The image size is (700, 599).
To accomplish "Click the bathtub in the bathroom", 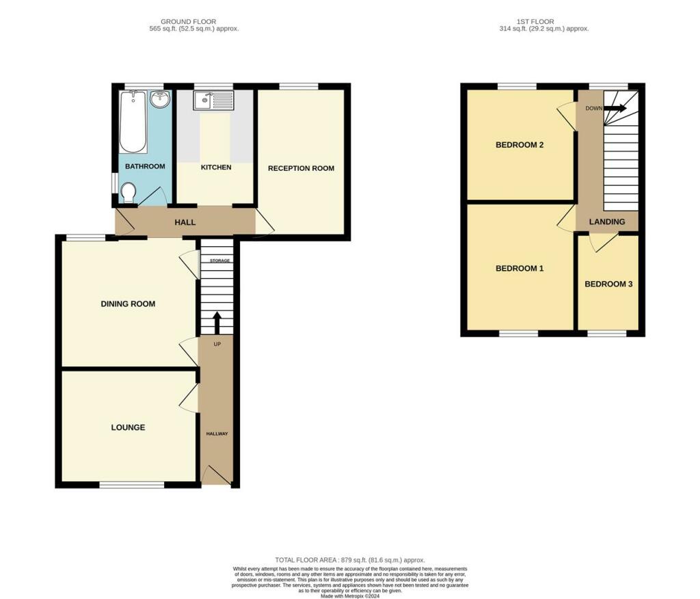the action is (x=133, y=122).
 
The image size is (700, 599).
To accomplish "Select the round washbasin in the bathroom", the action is (x=160, y=98).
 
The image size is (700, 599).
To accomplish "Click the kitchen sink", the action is (x=213, y=101).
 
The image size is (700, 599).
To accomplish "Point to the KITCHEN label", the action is (x=216, y=167).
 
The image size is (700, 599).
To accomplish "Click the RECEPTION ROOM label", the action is (x=301, y=168).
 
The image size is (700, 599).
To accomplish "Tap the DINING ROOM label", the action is (x=128, y=304).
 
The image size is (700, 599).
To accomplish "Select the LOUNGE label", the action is (x=128, y=427).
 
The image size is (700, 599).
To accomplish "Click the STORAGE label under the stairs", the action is (x=220, y=261).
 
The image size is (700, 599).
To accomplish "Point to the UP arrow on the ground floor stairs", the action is (x=217, y=323).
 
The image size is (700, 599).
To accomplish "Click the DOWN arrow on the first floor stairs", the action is (x=615, y=108).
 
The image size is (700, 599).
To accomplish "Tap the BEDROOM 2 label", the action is (x=520, y=145).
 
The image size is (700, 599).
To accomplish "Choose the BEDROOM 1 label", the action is (x=520, y=269).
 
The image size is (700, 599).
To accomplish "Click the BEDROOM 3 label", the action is (x=608, y=284).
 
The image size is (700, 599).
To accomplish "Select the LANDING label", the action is (x=607, y=222).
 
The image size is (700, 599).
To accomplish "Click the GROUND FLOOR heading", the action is (x=189, y=21).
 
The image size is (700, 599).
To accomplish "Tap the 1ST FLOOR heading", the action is (x=535, y=21).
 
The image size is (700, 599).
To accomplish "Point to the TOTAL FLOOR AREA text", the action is (x=350, y=560).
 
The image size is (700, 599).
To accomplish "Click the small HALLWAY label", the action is (x=217, y=434).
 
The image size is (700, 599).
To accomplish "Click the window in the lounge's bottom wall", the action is (x=132, y=484).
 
